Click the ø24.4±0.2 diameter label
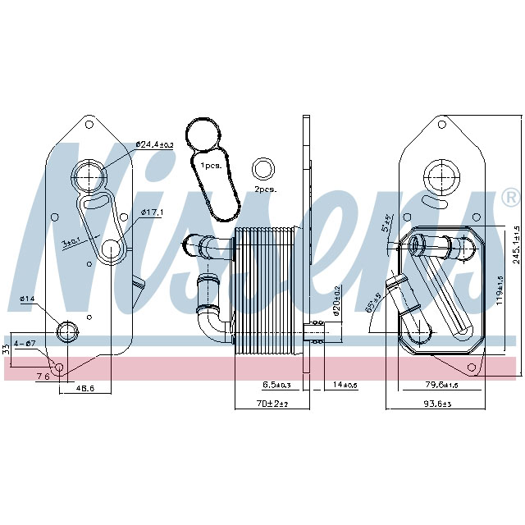click(155, 144)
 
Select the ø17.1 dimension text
click(152, 212)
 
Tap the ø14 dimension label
click(28, 299)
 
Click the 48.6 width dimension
click(80, 388)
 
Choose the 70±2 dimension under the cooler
click(269, 404)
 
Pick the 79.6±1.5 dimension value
click(441, 384)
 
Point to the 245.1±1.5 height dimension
click(516, 242)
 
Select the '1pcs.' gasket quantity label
click(210, 166)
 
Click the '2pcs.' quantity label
click(265, 189)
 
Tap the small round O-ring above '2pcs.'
click(264, 168)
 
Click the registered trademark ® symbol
click(510, 197)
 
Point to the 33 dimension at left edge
click(7, 348)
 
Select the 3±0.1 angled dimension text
click(72, 241)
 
